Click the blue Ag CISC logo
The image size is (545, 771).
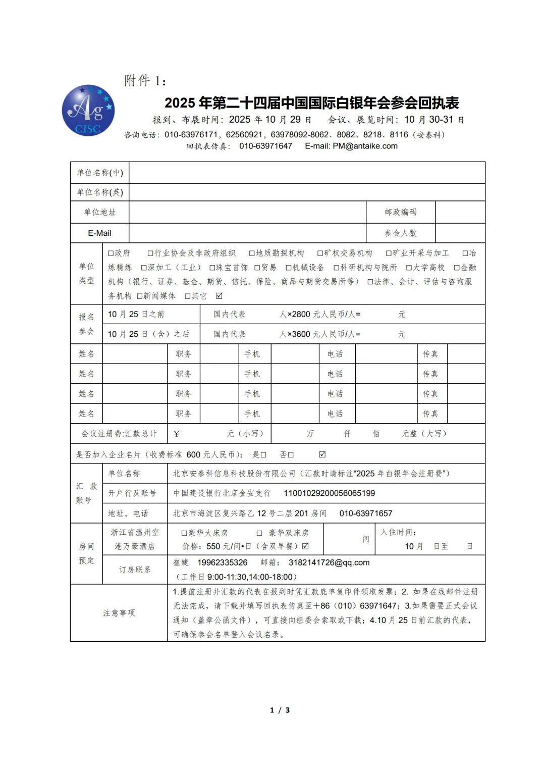(x=88, y=110)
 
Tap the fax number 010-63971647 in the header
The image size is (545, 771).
(x=265, y=146)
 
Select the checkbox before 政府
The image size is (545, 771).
(x=111, y=253)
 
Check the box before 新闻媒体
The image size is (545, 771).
(x=140, y=296)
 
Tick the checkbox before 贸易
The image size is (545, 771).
(x=257, y=268)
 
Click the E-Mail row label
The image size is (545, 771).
(x=99, y=233)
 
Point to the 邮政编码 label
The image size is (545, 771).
(x=401, y=212)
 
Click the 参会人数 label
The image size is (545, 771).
(x=401, y=233)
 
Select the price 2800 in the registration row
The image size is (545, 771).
(x=301, y=314)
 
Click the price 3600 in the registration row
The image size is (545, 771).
(x=301, y=334)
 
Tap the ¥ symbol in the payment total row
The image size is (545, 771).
(x=177, y=434)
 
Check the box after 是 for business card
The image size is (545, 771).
(x=263, y=454)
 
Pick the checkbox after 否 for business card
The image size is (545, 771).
(x=291, y=454)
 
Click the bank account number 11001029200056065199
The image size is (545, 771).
(x=330, y=493)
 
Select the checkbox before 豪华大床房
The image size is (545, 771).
(x=184, y=533)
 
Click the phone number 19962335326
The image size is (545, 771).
(x=223, y=562)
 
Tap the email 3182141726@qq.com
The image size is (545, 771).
(x=329, y=562)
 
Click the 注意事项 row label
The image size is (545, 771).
(x=119, y=612)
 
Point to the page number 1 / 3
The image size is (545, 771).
(x=280, y=710)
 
